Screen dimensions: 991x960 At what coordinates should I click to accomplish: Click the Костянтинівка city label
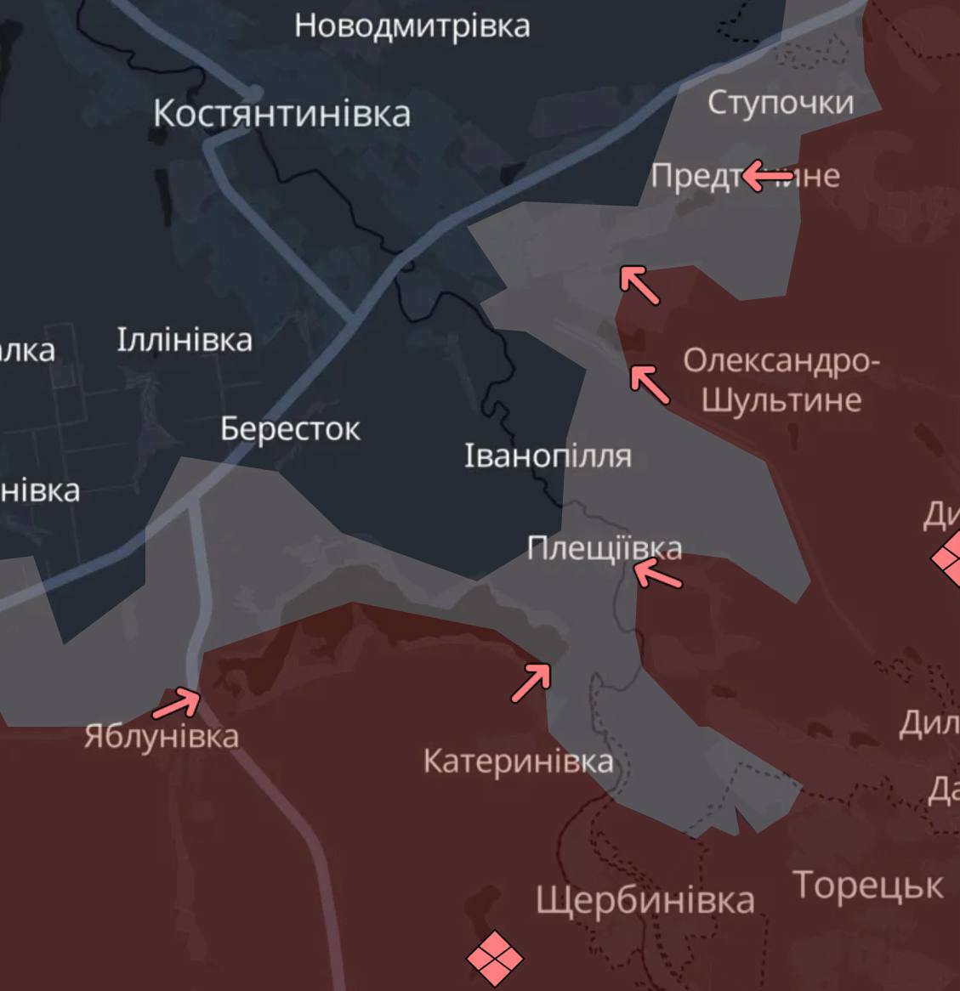pos(281,114)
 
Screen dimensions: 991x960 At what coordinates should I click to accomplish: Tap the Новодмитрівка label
pos(412,25)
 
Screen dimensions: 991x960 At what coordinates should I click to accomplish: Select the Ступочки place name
pos(781,103)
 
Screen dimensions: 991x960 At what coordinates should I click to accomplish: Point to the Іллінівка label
pos(185,340)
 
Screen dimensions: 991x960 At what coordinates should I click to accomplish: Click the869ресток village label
pos(290,428)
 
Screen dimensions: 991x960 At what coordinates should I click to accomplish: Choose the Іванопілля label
pos(548,456)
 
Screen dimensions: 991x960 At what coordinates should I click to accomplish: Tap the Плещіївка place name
pos(604,548)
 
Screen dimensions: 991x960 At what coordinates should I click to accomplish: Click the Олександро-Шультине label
pos(781,380)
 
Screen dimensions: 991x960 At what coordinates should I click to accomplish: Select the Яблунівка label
pos(162,736)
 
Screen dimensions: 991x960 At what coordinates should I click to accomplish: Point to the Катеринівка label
pos(518,761)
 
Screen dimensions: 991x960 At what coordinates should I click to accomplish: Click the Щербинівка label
pos(645,900)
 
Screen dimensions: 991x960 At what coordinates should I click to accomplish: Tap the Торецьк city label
pos(867,886)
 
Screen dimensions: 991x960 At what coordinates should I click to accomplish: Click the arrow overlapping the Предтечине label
pos(767,177)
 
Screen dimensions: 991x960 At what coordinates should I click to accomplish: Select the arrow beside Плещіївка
pos(657,575)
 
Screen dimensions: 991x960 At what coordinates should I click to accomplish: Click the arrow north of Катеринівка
pos(531,682)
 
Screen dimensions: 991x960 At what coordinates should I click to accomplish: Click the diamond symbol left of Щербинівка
pos(495,958)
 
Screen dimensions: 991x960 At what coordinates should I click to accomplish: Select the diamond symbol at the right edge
pos(948,559)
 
